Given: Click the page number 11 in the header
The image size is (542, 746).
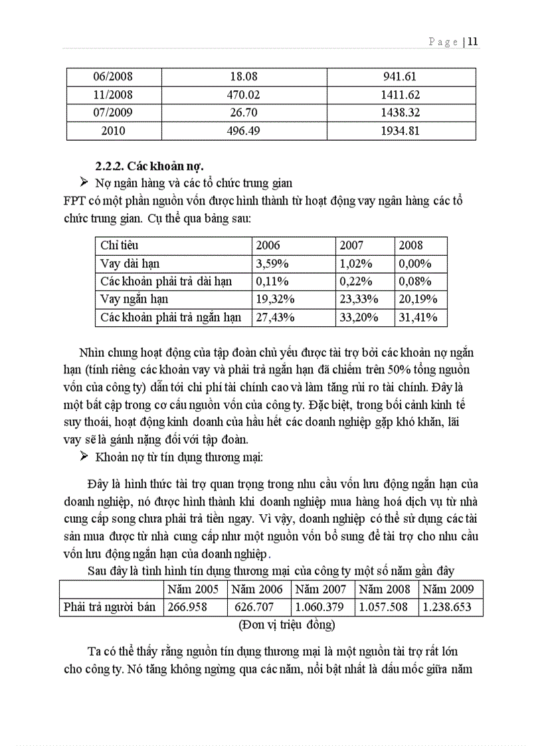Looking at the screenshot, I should click(x=473, y=42).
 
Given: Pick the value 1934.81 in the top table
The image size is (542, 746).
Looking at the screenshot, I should click(x=400, y=131).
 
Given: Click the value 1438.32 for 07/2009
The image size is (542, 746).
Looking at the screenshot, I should click(x=400, y=113).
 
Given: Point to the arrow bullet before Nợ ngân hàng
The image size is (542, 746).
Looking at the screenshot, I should click(x=84, y=182).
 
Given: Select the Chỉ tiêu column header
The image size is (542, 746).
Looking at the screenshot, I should click(x=120, y=245).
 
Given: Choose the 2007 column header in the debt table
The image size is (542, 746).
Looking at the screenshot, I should click(x=351, y=245).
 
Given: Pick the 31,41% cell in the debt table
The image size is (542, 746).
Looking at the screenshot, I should click(x=418, y=318).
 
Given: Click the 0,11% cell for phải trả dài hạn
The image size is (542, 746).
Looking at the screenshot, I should click(x=271, y=281).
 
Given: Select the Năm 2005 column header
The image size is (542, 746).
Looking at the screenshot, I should click(x=193, y=589).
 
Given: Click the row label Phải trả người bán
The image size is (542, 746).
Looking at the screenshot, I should click(x=110, y=606).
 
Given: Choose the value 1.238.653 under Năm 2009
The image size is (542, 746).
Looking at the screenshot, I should click(x=448, y=606).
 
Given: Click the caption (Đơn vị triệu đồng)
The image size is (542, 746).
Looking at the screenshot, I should click(x=286, y=624).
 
